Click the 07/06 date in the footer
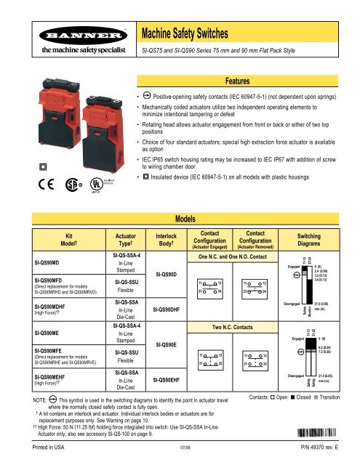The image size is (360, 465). click(x=186, y=457)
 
